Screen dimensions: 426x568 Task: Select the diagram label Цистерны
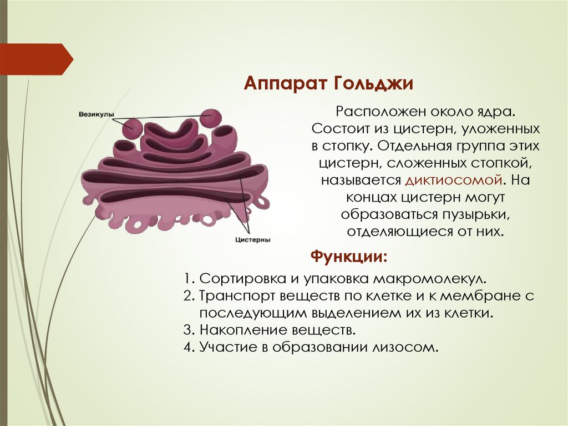click(x=252, y=240)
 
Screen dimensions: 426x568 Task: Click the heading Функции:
click(x=348, y=257)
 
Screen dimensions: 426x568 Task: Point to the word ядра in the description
click(x=497, y=112)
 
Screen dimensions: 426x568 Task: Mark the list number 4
click(x=187, y=348)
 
